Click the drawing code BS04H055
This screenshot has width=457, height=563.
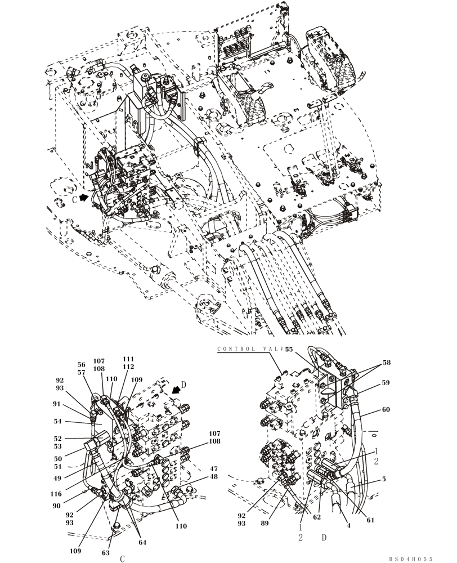coord(410,559)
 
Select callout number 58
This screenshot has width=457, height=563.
coord(387,364)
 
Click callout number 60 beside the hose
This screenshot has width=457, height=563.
coord(386,410)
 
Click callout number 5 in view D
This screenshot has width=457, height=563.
coord(383,480)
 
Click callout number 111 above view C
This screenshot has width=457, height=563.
coord(128,359)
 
